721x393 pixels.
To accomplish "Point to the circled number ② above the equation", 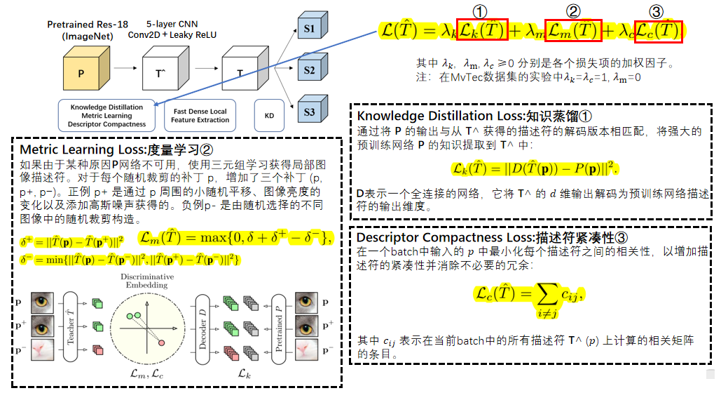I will point(573,11).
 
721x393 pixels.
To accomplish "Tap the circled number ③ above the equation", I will point(656,11).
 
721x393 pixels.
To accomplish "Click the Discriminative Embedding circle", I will point(148,325).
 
